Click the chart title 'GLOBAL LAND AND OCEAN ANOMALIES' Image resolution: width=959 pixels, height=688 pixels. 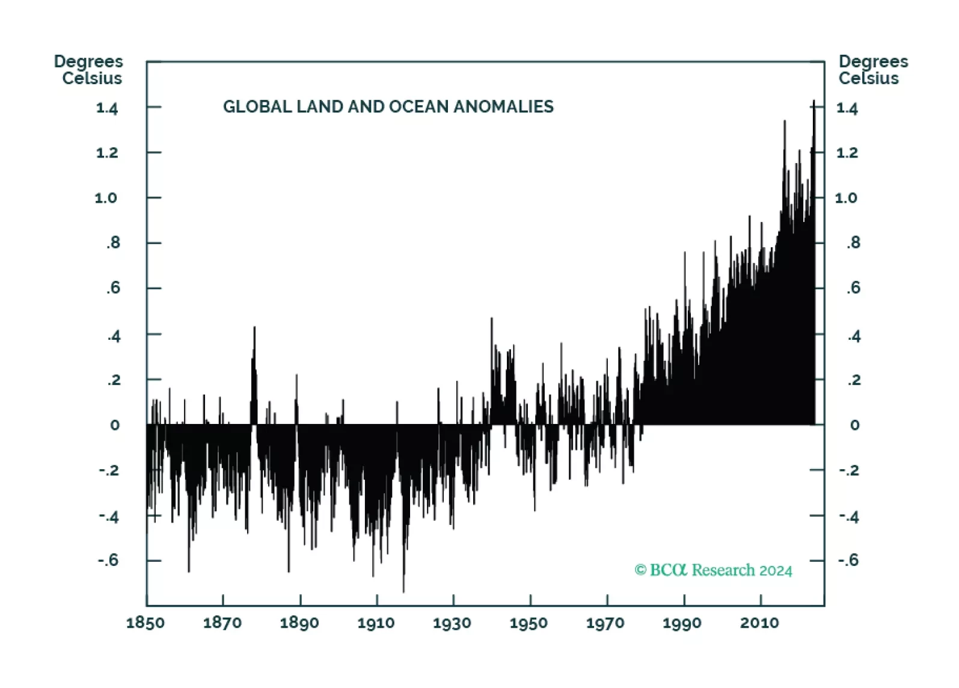point(388,106)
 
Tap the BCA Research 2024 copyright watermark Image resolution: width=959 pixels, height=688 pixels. point(713,570)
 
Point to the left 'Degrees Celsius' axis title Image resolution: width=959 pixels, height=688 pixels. point(89,70)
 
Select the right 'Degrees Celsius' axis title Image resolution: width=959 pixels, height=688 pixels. point(872,70)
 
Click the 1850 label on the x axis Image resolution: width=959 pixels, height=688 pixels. point(146,622)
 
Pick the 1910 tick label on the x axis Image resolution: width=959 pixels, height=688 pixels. point(376,622)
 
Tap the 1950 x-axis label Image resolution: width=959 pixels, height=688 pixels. point(529,622)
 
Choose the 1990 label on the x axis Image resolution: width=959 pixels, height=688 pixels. point(682,622)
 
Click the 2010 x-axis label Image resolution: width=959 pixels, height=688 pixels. point(759,622)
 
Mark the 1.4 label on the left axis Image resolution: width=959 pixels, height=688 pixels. point(107,108)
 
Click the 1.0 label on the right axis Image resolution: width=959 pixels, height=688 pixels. point(846,198)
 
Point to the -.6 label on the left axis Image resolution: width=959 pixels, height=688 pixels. point(108,561)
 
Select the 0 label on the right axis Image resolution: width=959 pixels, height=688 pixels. point(854,425)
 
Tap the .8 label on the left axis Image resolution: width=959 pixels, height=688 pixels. point(113,243)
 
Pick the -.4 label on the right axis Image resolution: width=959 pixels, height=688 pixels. point(848,516)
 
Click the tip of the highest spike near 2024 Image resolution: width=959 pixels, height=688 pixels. point(814,101)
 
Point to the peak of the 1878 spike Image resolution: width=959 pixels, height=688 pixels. point(254,327)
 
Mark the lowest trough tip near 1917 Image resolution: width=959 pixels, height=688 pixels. point(403,592)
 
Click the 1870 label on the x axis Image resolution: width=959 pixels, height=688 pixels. point(222,622)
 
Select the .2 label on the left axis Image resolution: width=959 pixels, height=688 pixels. point(113,380)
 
